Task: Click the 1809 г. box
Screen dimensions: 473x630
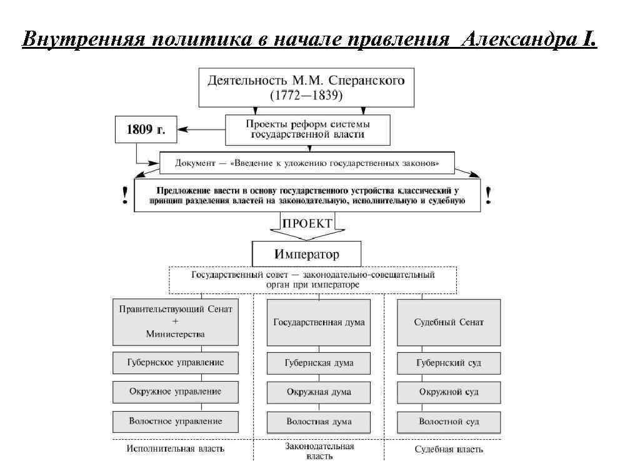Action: click(146, 131)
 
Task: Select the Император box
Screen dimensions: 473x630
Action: click(306, 254)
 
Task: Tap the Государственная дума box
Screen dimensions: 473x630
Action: click(319, 322)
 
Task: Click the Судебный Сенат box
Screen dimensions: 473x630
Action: click(449, 322)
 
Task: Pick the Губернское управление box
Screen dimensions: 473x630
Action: click(176, 363)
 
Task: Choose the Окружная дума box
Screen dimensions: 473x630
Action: click(319, 392)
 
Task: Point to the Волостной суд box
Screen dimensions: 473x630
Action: click(449, 422)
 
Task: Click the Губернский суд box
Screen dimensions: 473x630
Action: click(449, 363)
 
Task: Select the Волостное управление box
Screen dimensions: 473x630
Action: click(176, 422)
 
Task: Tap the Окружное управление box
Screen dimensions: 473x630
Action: click(176, 392)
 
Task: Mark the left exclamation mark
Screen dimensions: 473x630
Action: click(126, 196)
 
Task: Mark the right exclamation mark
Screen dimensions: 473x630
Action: click(487, 196)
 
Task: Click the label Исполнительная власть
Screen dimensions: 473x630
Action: click(176, 449)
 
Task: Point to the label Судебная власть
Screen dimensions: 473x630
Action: click(449, 449)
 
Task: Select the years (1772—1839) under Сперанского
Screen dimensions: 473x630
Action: click(306, 96)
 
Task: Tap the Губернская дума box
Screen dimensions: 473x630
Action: click(319, 363)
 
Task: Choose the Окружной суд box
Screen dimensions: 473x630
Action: click(449, 392)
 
